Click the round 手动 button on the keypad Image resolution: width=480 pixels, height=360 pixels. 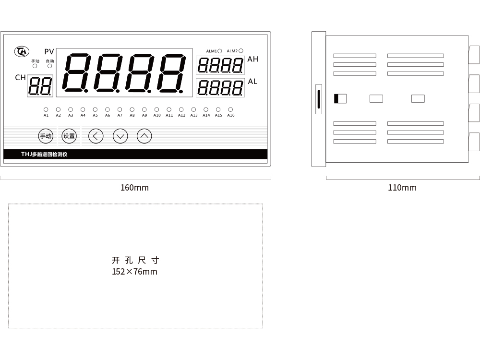click(46, 136)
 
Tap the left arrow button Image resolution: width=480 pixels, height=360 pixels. click(96, 136)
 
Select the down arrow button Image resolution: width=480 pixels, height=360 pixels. click(120, 136)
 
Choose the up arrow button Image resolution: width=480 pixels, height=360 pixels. click(144, 136)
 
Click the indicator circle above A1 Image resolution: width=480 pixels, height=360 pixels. click(46, 109)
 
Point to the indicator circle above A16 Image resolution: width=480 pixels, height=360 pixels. click(230, 109)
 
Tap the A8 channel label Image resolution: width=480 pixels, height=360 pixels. click(132, 115)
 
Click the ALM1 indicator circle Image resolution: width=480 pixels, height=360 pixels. click(219, 51)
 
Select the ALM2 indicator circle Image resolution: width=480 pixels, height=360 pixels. click(241, 51)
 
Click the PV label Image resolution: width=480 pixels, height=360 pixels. click(49, 52)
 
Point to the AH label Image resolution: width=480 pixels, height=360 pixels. click(253, 59)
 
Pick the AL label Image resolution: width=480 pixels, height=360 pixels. click(252, 82)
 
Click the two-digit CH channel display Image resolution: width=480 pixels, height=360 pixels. click(40, 86)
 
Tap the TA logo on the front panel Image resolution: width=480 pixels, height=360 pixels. click(22, 51)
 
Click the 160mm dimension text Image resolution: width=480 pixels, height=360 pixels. click(135, 188)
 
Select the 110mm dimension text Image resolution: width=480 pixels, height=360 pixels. click(402, 188)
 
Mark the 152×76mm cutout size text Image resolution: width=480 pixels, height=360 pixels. click(134, 272)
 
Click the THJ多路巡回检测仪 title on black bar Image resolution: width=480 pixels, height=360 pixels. click(44, 154)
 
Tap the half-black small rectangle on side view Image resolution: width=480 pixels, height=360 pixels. click(340, 98)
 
